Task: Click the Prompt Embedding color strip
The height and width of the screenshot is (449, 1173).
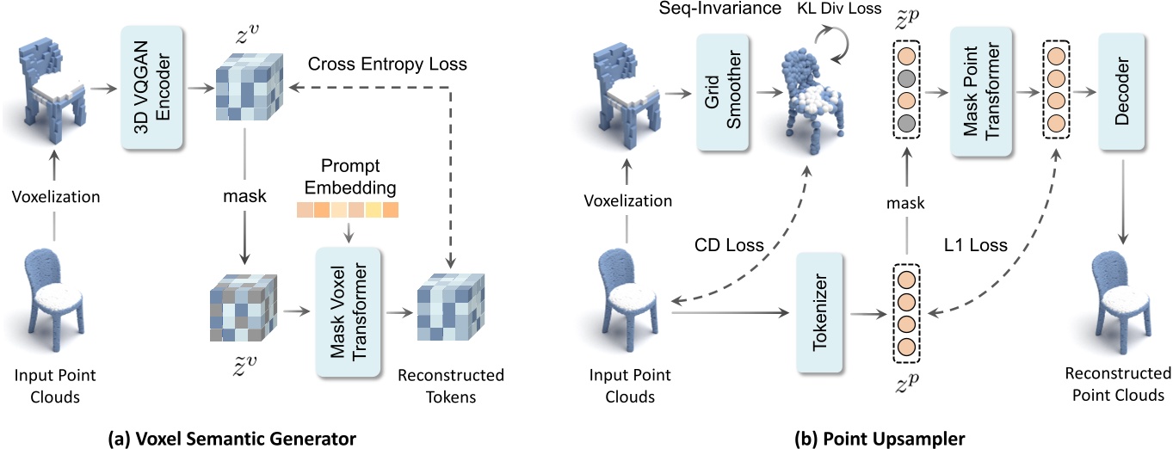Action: (x=348, y=210)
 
